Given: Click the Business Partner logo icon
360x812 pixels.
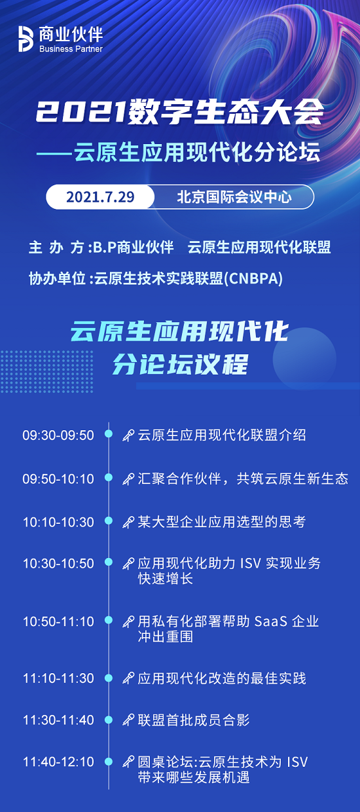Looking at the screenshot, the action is tap(26, 39).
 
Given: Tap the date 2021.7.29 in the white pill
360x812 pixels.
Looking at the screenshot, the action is tap(100, 197).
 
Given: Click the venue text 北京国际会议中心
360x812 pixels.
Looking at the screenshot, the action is tap(234, 197).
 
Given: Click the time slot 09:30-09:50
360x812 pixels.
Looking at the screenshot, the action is tap(58, 435).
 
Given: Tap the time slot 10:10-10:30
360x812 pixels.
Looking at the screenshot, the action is tap(58, 522).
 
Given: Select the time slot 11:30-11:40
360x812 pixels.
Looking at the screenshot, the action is tap(58, 720).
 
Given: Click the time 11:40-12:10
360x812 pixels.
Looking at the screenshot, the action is tap(58, 762).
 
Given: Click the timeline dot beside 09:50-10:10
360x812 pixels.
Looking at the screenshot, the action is tap(109, 477).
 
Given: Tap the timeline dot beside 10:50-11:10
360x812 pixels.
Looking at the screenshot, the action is tap(109, 620).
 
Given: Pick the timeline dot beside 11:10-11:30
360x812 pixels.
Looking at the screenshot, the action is tap(109, 677).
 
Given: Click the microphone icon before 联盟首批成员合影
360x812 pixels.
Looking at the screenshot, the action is tap(128, 720).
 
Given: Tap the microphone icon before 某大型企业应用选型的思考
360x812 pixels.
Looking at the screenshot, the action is tap(128, 523).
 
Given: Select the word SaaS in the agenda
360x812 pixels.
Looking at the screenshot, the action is tap(271, 621).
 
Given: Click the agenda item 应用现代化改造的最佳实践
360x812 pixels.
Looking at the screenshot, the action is tap(222, 678).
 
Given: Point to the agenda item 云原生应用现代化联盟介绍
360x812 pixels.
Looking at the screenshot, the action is tap(222, 435).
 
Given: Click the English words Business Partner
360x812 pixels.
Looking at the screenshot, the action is tap(71, 49).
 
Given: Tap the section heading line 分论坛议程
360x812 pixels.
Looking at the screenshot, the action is tap(180, 364).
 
